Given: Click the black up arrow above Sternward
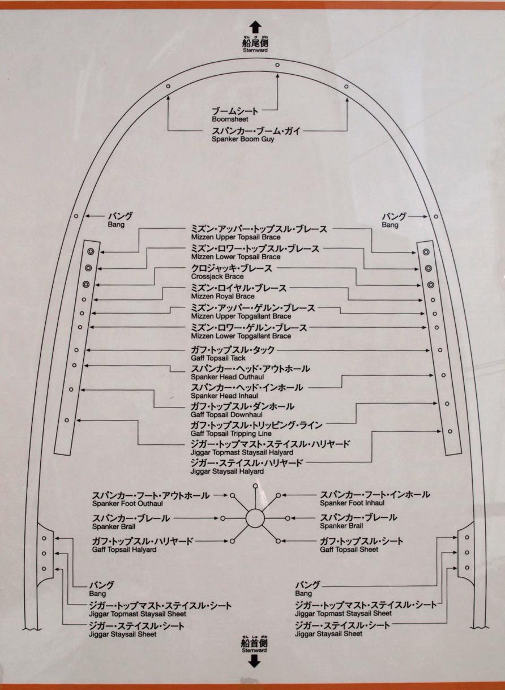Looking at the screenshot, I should coord(255,27).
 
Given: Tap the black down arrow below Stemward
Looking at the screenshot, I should coord(254,661).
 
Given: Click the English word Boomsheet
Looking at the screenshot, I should coord(226,119).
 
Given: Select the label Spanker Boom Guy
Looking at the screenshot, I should coord(242,139).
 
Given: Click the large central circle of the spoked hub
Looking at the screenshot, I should coord(255,518).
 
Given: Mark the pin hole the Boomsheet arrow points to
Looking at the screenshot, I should coord(277,65).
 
